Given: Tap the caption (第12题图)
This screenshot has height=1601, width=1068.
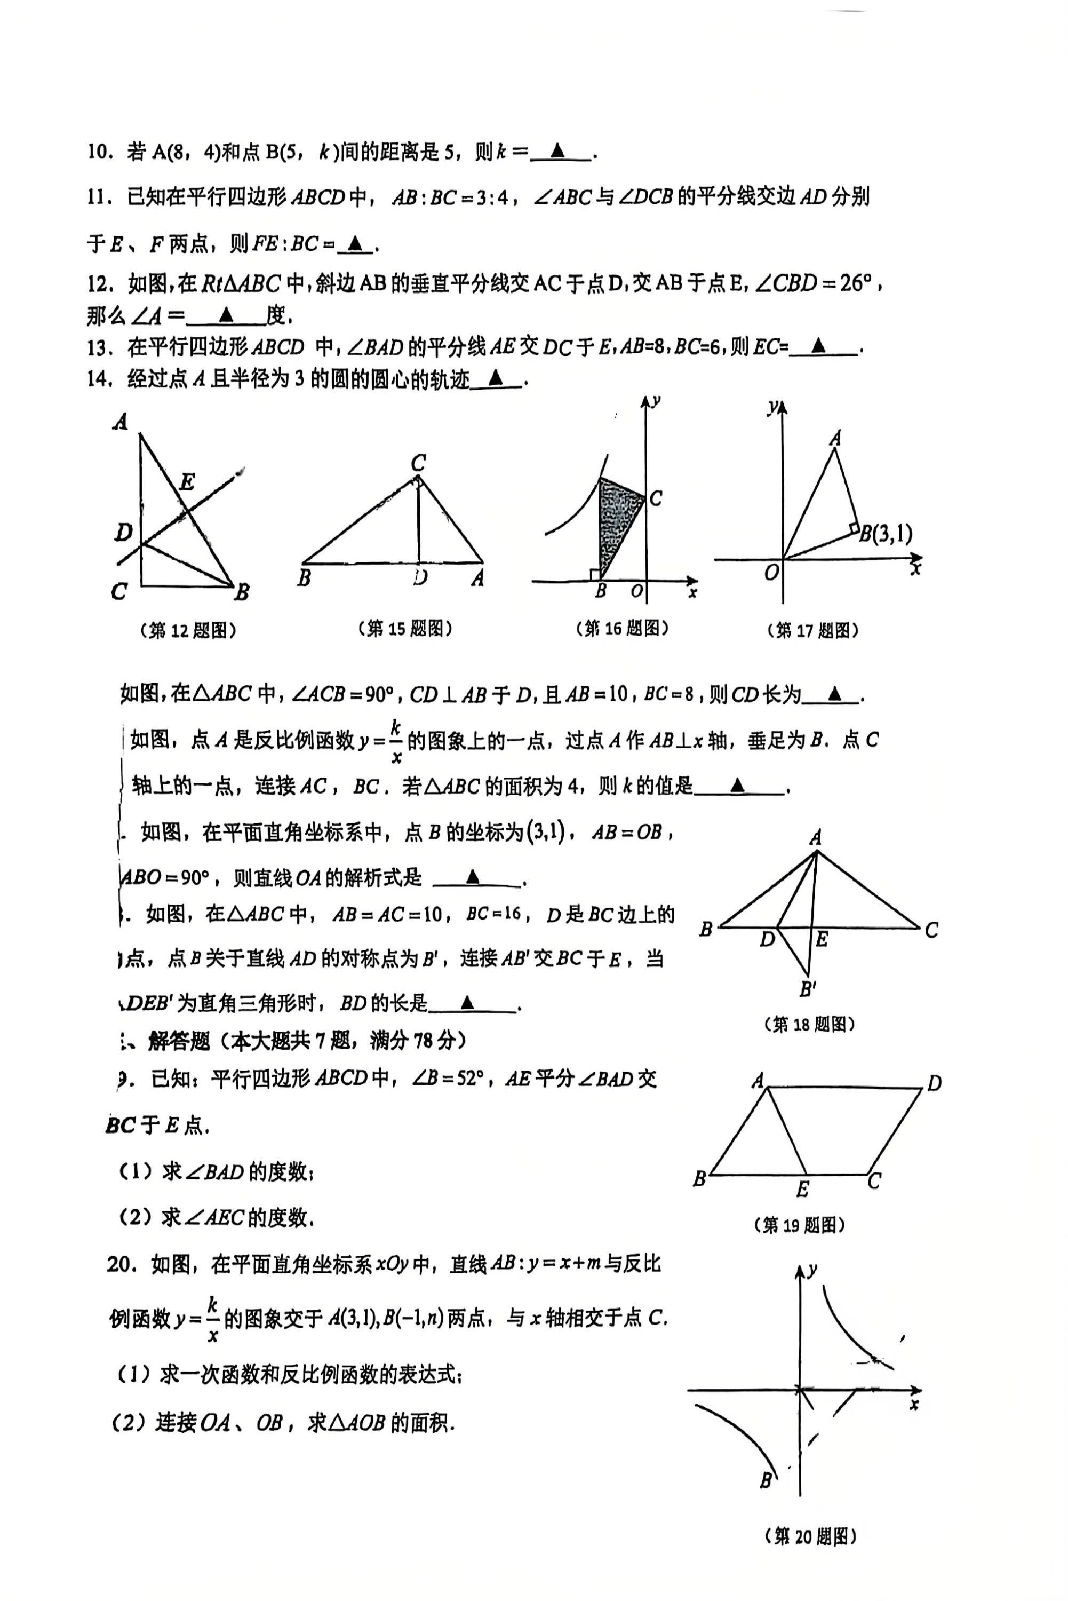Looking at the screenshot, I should coord(187,630).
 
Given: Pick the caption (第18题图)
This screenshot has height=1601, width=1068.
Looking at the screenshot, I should coord(809,1024).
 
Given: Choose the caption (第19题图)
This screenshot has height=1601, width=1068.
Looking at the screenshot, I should coord(800,1225).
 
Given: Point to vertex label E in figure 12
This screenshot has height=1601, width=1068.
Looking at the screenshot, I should coord(187,482).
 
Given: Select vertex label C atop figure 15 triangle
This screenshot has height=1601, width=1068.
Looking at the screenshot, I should coord(418,463).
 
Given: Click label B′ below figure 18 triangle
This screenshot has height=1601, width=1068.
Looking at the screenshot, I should coord(808,989).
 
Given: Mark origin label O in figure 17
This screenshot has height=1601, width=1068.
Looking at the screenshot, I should coord(771,573).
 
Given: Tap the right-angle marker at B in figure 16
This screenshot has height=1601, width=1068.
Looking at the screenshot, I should coord(596,574).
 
